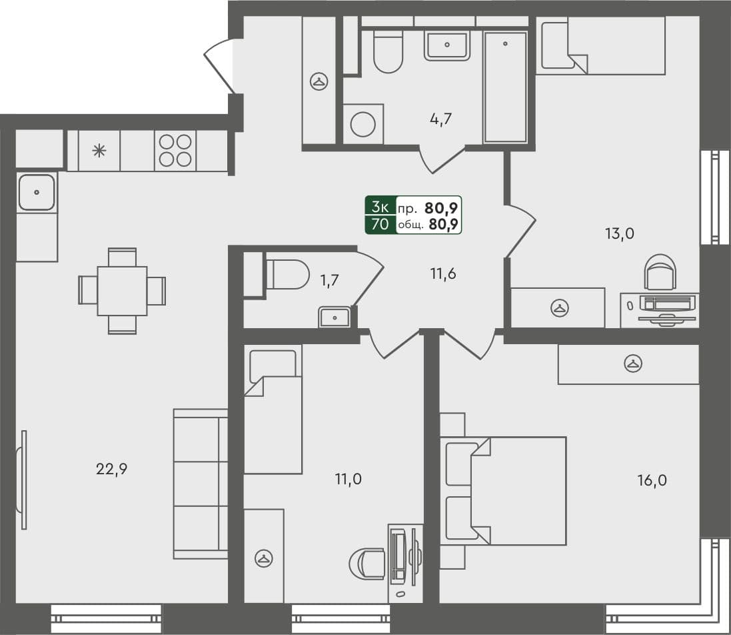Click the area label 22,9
[x=111, y=469]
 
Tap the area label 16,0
[x=652, y=480]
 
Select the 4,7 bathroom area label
[x=441, y=120]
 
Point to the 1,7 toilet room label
[x=330, y=280]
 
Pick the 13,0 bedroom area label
[x=620, y=233]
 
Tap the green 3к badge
[x=380, y=206]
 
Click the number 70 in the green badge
[x=380, y=224]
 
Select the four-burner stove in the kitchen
[x=175, y=150]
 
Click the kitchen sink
[x=37, y=192]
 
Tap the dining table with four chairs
[x=122, y=291]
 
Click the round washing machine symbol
[x=363, y=124]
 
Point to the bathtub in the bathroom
[x=506, y=87]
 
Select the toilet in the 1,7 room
[x=287, y=274]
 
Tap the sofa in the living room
[x=200, y=484]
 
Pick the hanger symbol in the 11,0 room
[x=263, y=559]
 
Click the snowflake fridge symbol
[x=99, y=150]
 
